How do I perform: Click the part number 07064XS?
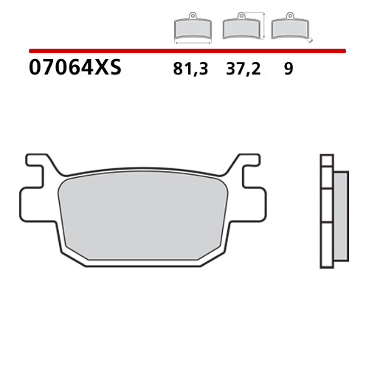(75, 69)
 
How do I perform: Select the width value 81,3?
(190, 69)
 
